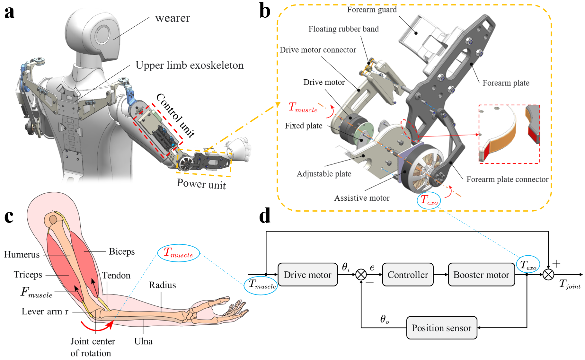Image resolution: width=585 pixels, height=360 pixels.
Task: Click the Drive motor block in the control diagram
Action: (307, 275)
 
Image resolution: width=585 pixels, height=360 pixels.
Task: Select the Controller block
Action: (408, 275)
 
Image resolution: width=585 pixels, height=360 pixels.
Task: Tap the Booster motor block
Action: (481, 275)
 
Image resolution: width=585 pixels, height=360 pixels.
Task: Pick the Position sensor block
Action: (441, 328)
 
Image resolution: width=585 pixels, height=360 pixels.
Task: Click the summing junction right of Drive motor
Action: (361, 275)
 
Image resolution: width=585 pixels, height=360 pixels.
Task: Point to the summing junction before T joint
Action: (548, 275)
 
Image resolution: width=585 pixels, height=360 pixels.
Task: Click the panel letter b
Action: (265, 11)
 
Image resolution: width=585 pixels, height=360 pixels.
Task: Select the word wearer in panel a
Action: (173, 18)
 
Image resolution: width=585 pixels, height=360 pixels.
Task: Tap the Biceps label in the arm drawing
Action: (122, 251)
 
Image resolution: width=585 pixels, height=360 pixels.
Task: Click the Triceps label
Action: (28, 275)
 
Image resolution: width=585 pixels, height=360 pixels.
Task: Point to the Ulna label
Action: (143, 341)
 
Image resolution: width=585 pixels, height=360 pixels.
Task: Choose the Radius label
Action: (162, 285)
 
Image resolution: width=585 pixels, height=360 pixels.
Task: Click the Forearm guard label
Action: (372, 10)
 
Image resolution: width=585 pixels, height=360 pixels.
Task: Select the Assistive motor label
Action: (362, 198)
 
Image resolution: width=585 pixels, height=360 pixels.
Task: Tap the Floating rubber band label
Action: (343, 29)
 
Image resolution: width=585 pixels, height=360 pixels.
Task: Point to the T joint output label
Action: (570, 284)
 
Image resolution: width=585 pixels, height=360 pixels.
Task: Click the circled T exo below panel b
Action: (429, 200)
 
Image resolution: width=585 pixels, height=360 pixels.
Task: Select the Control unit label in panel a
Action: (175, 115)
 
